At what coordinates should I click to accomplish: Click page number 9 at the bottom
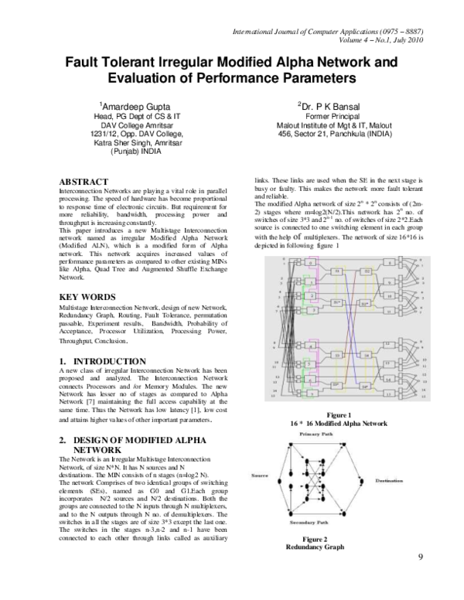[420, 580]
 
